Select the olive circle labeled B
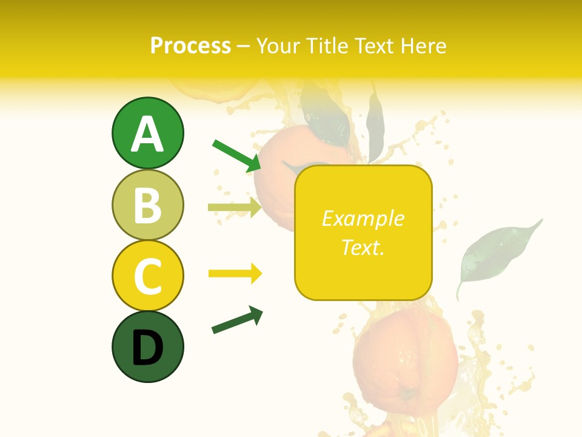pyautogui.click(x=147, y=205)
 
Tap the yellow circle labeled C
pyautogui.click(x=147, y=276)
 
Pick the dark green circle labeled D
pyautogui.click(x=147, y=347)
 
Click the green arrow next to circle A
pyautogui.click(x=236, y=155)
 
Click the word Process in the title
pyautogui.click(x=190, y=46)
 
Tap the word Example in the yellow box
pyautogui.click(x=363, y=218)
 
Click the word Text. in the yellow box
pyautogui.click(x=363, y=247)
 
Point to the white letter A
pyautogui.click(x=147, y=135)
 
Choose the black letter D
pyautogui.click(x=147, y=348)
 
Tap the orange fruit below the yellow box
pyautogui.click(x=405, y=358)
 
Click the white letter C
pyautogui.click(x=147, y=277)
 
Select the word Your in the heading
pyautogui.click(x=278, y=46)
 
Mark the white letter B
pyautogui.click(x=147, y=206)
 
